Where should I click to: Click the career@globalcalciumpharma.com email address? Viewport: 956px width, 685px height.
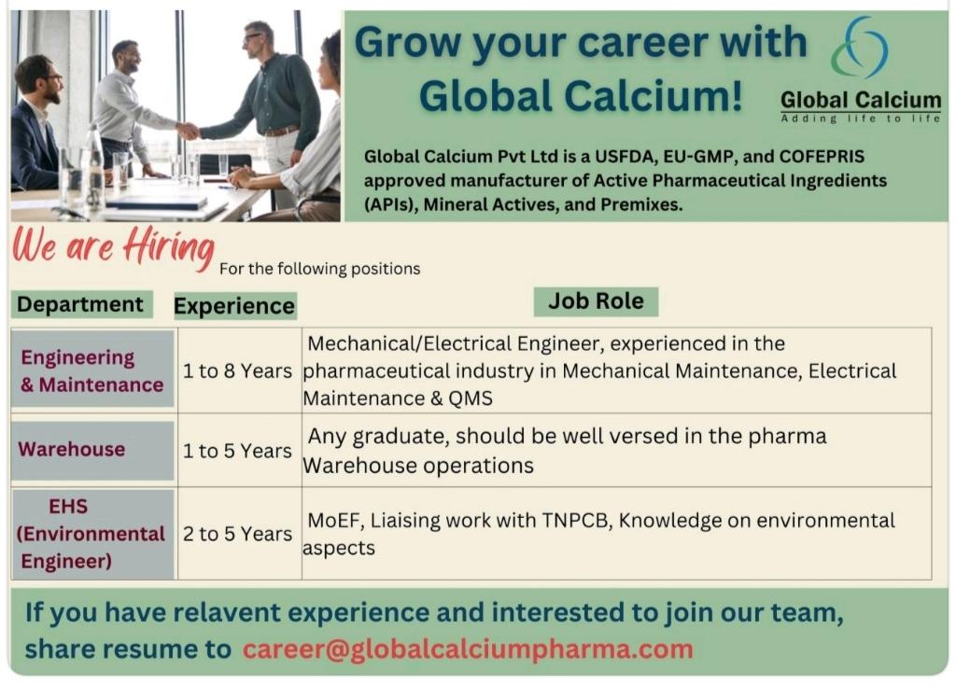(x=468, y=650)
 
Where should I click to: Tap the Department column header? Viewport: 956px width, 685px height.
(x=80, y=304)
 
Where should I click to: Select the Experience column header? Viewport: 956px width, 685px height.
(x=234, y=306)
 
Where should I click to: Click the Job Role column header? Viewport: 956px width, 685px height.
(x=596, y=301)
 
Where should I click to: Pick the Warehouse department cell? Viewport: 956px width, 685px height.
(x=92, y=450)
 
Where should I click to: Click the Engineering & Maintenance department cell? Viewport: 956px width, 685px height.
(x=92, y=370)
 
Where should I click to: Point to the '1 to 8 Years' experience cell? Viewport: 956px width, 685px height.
(x=238, y=370)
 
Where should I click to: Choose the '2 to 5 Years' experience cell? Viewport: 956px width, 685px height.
(x=238, y=534)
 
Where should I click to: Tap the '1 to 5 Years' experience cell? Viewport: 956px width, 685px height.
(x=238, y=451)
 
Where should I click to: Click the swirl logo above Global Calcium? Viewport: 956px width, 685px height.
(x=860, y=48)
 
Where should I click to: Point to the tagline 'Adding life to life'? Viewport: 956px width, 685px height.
(x=860, y=119)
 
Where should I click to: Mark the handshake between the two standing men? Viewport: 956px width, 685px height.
(x=188, y=131)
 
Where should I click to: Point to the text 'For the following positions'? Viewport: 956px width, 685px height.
(x=319, y=269)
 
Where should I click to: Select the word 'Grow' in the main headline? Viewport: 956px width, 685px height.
(x=409, y=43)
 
